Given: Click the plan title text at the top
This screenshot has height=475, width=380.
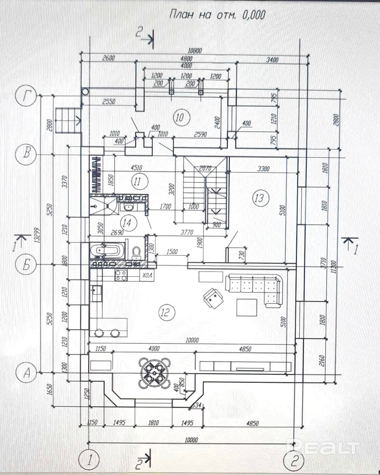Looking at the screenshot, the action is coord(217,15).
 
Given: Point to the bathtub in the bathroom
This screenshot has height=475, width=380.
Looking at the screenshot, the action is coord(106,250).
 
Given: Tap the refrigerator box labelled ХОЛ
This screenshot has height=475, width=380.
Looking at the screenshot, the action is coord(147,275).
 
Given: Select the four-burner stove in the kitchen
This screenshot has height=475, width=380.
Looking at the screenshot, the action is coord(121,275).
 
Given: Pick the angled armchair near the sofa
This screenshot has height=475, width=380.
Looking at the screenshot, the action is coord(212,298).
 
